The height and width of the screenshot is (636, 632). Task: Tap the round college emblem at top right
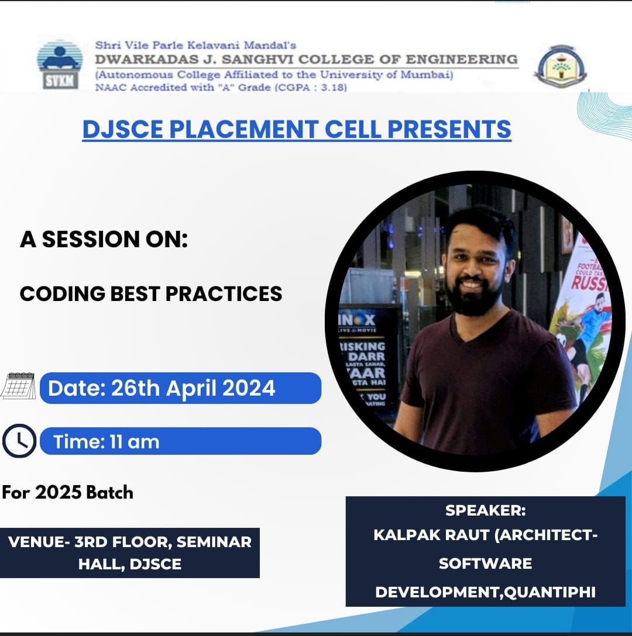(561, 65)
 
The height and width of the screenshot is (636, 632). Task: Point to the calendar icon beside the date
(18, 386)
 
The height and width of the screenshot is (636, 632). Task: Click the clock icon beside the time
(19, 441)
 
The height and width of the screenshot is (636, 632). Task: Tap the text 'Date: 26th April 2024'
(162, 388)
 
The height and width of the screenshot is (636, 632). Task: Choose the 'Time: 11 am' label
(106, 441)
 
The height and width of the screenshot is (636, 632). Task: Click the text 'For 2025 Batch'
(67, 492)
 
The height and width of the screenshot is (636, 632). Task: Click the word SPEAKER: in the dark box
(485, 510)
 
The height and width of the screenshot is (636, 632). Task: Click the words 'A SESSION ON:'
(104, 239)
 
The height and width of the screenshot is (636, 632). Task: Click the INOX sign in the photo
(358, 320)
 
